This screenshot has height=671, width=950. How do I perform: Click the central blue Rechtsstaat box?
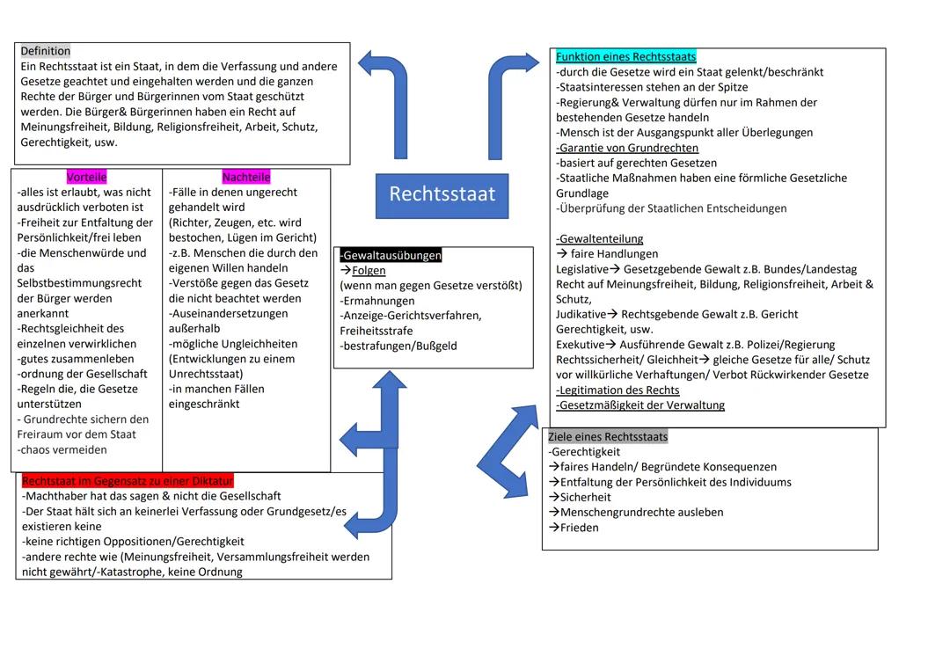point(442,195)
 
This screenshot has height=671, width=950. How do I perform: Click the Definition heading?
point(45,51)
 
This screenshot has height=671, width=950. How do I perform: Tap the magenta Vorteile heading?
point(86,177)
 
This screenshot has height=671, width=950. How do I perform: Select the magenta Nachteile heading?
point(246,177)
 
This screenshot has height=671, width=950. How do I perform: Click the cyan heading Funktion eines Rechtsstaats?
point(625,57)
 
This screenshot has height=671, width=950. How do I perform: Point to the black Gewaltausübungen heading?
point(391,255)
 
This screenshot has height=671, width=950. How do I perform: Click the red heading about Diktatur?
point(128,481)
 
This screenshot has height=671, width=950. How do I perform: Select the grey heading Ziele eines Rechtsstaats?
point(608,436)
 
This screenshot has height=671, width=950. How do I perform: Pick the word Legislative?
point(581,269)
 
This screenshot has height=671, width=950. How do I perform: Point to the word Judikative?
point(581,314)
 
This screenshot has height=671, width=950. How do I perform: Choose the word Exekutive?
point(580,345)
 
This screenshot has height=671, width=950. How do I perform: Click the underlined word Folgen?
point(369,270)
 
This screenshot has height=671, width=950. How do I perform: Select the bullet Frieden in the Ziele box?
point(579,528)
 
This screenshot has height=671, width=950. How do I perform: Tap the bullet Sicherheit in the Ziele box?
point(585,497)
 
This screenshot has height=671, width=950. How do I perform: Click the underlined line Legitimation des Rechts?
point(618,390)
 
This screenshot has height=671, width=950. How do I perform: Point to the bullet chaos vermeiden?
point(62,449)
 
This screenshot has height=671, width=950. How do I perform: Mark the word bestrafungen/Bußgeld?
point(398,346)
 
